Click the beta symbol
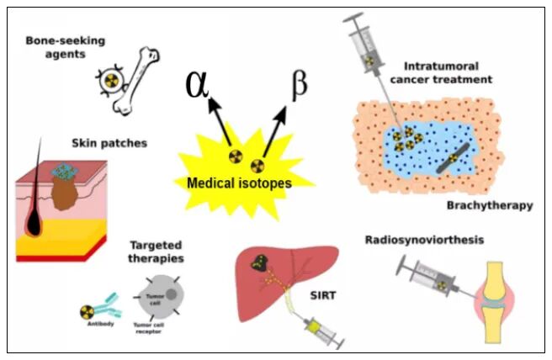coord(298,87)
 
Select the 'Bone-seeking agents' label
coord(59,46)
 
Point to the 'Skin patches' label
coord(110,143)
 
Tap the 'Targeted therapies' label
coord(157,252)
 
